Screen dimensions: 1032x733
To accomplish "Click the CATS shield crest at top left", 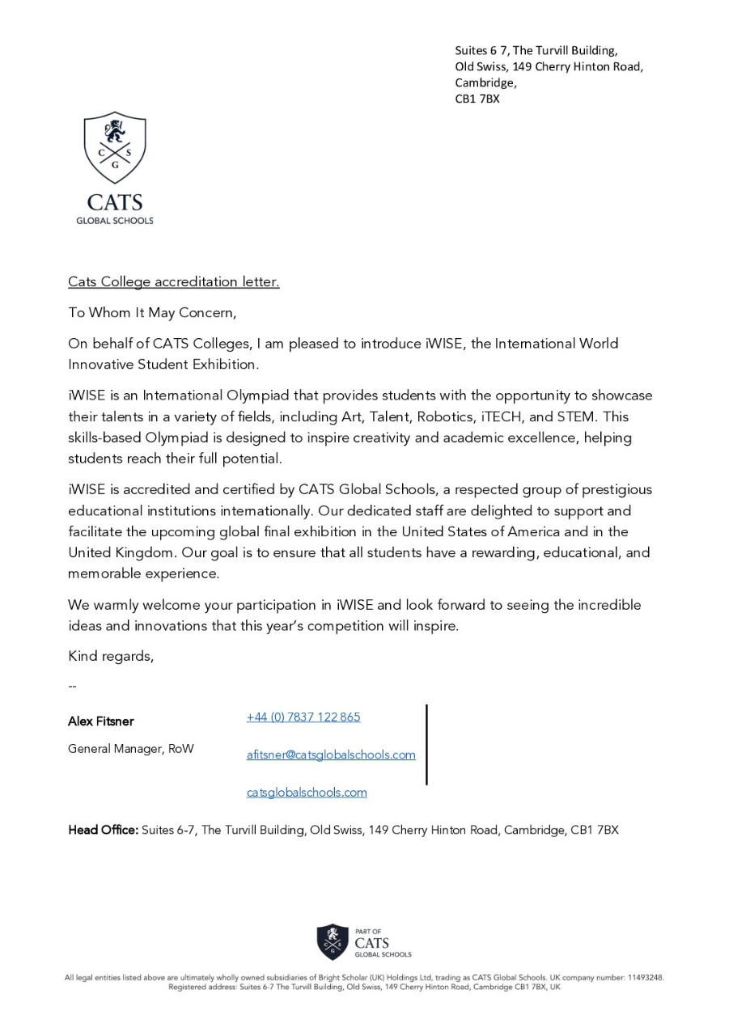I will [x=115, y=147].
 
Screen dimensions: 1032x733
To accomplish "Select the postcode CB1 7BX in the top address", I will [x=477, y=99].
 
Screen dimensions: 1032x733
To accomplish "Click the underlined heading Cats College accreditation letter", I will [x=173, y=282].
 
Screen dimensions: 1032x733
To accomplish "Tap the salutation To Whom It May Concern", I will [x=152, y=312].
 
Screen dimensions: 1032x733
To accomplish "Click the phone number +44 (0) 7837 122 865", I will [x=303, y=717].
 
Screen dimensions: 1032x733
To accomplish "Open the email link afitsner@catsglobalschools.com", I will [x=331, y=755].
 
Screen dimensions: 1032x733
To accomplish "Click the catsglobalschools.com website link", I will [x=307, y=793].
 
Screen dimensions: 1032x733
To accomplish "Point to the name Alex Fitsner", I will [x=101, y=721].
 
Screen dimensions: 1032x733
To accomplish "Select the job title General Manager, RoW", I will [x=131, y=749].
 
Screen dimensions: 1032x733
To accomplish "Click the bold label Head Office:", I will [x=104, y=830].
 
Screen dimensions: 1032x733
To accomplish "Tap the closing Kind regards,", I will [x=111, y=656].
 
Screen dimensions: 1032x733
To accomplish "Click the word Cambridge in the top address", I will [x=484, y=82].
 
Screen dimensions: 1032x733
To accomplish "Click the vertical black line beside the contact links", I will [x=426, y=744].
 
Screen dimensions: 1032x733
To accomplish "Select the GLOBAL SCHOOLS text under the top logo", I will [x=115, y=221].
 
